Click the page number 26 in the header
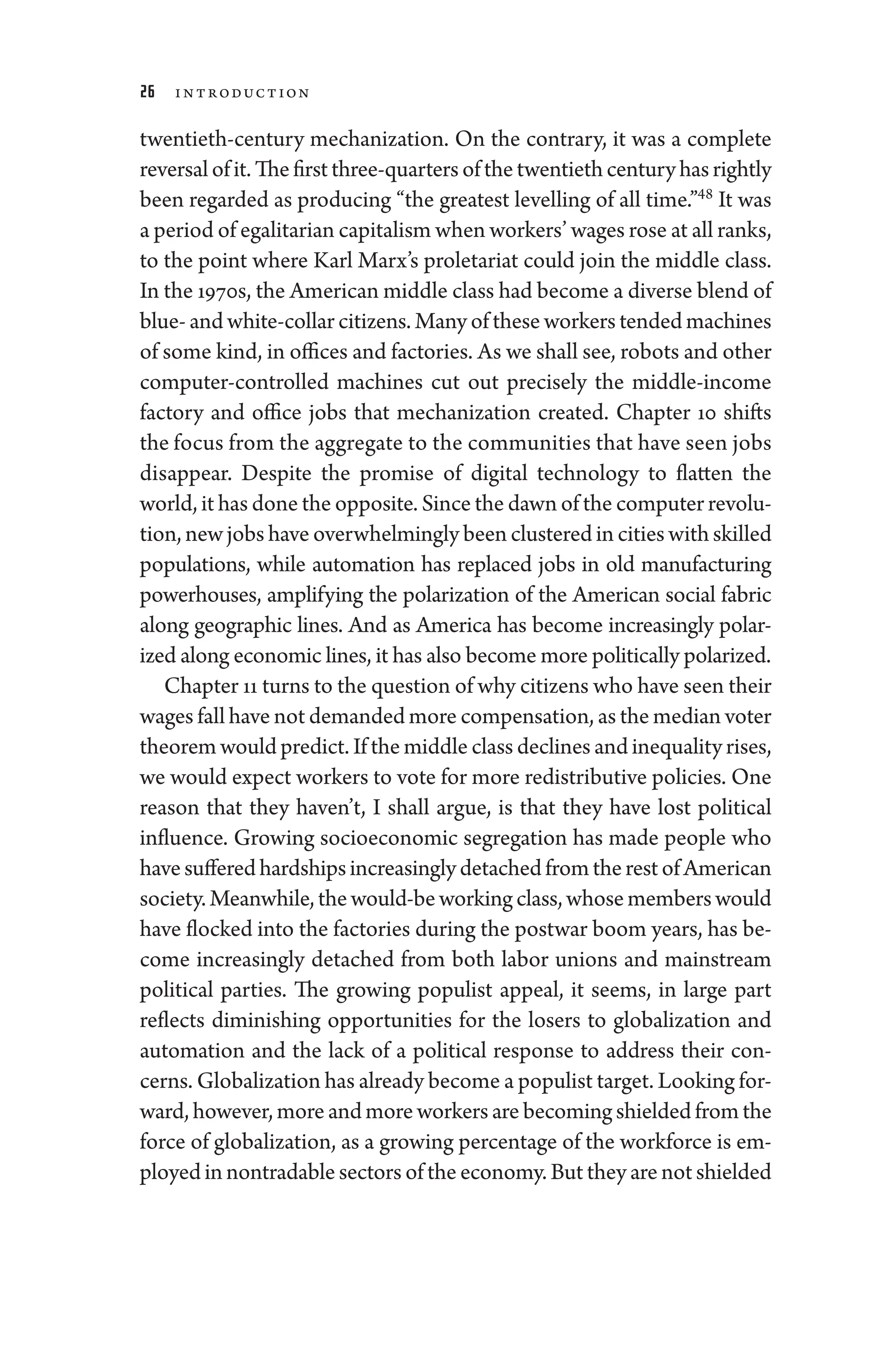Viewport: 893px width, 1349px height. [x=147, y=92]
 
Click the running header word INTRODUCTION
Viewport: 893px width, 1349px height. [x=242, y=93]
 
